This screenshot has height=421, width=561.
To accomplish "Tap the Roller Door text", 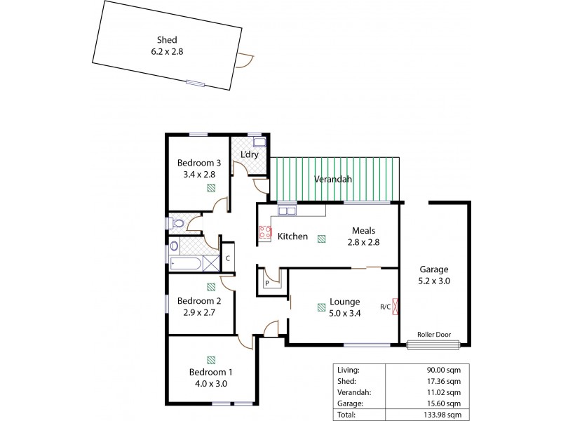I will [433, 334].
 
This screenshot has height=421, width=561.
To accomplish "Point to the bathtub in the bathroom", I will [186, 264].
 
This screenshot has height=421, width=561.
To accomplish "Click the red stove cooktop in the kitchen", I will [265, 233].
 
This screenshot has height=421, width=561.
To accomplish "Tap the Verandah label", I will [332, 179].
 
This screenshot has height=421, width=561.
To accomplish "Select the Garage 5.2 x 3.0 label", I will [434, 274].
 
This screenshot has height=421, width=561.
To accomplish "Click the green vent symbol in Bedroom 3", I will [210, 187].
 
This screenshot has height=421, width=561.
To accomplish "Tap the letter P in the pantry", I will [266, 283].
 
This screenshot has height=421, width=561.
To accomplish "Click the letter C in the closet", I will [228, 258].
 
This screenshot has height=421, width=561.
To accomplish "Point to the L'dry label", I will [251, 154].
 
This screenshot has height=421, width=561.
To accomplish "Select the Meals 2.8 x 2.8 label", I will [364, 236].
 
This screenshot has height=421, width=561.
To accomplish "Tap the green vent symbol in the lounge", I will [320, 306].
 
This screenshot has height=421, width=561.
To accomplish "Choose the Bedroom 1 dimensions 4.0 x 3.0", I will [211, 383].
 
